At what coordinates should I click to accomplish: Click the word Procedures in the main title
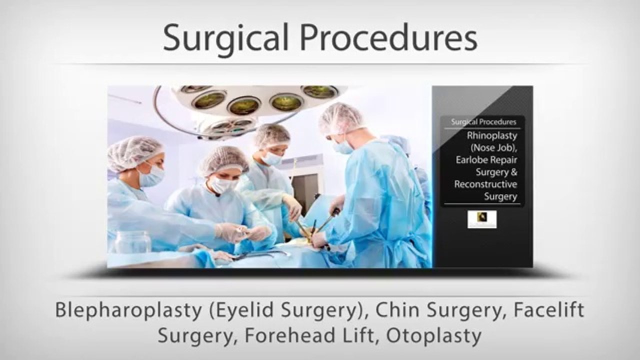click(388, 37)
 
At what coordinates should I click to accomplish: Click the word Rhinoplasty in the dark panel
click(492, 135)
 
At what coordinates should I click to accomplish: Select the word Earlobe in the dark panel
click(473, 160)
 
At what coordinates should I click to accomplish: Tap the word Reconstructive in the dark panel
click(485, 184)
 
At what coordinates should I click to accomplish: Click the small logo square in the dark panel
click(482, 219)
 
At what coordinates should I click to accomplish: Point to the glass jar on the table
click(132, 242)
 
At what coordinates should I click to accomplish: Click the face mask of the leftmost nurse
click(152, 176)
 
